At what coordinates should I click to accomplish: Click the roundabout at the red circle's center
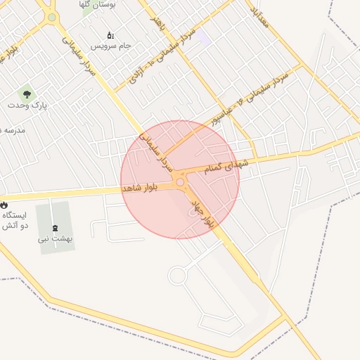[x=180, y=182]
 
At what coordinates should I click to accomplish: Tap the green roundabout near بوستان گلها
[x=51, y=17]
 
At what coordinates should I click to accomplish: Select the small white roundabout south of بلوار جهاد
[x=176, y=275]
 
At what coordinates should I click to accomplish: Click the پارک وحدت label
[x=27, y=105]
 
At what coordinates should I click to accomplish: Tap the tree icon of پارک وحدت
[x=27, y=92]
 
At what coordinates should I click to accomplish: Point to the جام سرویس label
[x=110, y=46]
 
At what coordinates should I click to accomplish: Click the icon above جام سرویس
[x=110, y=34]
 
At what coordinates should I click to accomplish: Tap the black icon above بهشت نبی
[x=56, y=226]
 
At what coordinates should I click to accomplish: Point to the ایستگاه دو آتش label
[x=15, y=220]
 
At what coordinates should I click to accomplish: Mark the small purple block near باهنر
[x=202, y=37]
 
